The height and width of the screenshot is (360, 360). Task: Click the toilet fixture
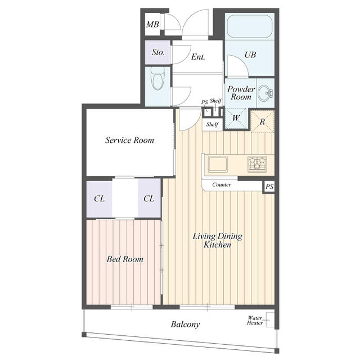tap(157, 78)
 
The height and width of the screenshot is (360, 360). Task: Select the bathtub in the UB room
tap(250, 26)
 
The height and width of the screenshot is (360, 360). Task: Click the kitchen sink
tap(218, 164)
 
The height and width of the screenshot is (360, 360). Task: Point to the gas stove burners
tap(257, 164)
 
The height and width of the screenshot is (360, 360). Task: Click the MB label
tap(152, 24)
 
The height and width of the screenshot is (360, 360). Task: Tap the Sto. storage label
tap(158, 52)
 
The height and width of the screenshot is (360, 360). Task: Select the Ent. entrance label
tap(198, 57)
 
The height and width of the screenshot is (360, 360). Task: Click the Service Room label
tap(129, 140)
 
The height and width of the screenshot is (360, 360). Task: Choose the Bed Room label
tap(125, 259)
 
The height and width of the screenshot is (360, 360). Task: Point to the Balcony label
tap(185, 324)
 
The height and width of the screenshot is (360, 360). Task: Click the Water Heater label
tap(255, 321)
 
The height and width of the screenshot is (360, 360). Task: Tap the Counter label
tap(222, 184)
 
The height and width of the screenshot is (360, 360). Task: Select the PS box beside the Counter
tap(269, 187)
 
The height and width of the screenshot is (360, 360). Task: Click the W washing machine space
tap(236, 119)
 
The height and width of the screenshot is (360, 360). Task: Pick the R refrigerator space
tap(263, 121)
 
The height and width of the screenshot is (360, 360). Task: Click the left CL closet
tap(99, 199)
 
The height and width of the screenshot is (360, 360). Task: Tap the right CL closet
tap(149, 199)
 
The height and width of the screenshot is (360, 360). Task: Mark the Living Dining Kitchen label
tap(217, 240)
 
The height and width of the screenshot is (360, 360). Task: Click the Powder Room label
tap(241, 93)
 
